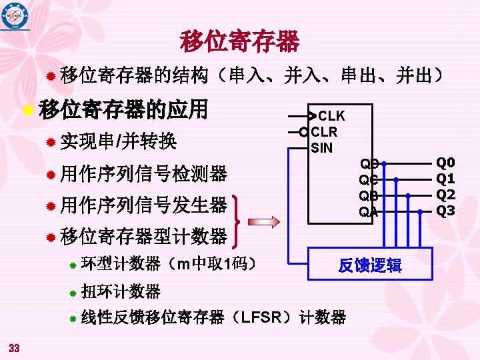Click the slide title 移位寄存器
(239, 41)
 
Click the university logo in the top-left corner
(15, 16)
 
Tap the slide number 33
(15, 347)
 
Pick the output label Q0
(445, 162)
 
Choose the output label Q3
(445, 211)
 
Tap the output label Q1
(445, 179)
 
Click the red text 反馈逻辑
(369, 265)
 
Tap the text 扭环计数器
(121, 291)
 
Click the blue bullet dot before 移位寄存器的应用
(27, 109)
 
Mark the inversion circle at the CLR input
(303, 131)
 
